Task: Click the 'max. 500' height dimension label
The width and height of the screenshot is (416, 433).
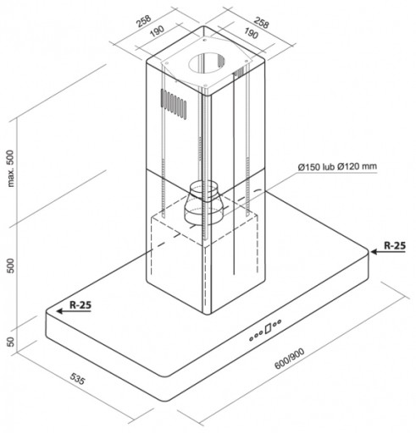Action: [x=10, y=168]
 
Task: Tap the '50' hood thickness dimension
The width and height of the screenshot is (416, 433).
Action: [x=10, y=342]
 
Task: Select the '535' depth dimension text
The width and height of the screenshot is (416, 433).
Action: [x=77, y=379]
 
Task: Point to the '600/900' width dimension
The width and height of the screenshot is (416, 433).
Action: [x=290, y=358]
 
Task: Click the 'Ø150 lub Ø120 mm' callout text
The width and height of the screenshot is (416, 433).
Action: [x=337, y=167]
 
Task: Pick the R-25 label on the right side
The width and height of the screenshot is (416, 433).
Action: [x=395, y=245]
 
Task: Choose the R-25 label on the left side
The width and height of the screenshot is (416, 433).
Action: [x=80, y=304]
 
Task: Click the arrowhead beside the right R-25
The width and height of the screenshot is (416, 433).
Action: [x=374, y=251]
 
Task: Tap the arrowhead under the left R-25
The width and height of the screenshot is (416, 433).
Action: [x=60, y=311]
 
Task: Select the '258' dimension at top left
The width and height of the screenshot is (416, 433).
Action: [x=144, y=21]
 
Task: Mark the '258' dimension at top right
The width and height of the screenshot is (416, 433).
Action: [x=261, y=23]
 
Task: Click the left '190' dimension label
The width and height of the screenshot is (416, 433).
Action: [x=157, y=31]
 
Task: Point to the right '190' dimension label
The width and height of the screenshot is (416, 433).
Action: [x=251, y=33]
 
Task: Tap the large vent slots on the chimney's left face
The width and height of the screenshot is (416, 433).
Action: [x=174, y=104]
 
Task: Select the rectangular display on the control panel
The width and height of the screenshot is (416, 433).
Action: [x=268, y=328]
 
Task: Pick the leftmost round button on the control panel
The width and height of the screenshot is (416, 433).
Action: [x=251, y=338]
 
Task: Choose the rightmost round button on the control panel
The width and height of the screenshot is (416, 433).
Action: [x=279, y=321]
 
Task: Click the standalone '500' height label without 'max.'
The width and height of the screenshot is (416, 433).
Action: [x=10, y=266]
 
